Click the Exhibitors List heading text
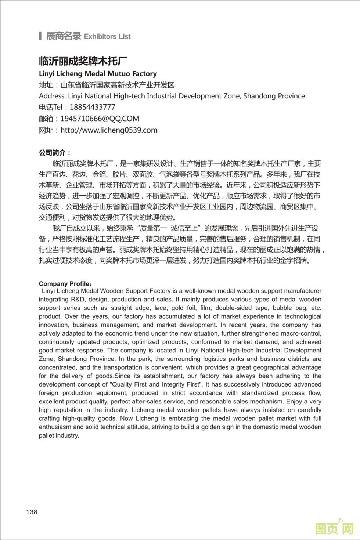(107, 36)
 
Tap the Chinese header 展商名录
(63, 36)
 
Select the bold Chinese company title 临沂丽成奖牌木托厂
(83, 61)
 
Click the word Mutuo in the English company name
(118, 74)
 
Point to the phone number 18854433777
(92, 107)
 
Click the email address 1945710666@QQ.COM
(100, 119)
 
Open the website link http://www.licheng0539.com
(109, 130)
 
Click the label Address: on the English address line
(52, 96)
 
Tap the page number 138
(32, 512)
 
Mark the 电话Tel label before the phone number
(51, 107)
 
